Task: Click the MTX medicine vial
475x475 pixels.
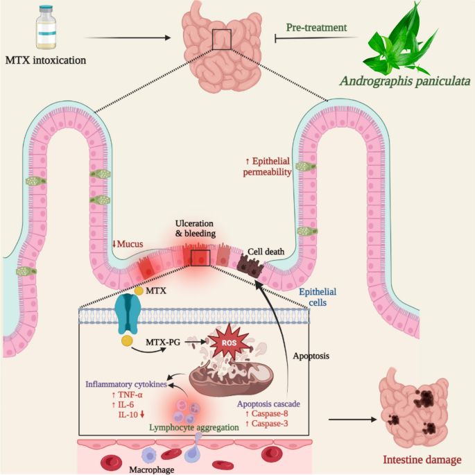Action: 46,27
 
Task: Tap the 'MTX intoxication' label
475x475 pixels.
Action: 46,60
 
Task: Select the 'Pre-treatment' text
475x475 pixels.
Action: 317,28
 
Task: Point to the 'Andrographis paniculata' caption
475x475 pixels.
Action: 405,81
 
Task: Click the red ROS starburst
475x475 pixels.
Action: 229,342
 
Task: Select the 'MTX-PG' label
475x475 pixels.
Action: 163,343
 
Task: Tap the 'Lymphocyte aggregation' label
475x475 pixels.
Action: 194,427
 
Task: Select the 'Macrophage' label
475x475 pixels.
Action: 152,469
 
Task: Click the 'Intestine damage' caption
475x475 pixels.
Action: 422,460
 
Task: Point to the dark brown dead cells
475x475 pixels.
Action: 250,266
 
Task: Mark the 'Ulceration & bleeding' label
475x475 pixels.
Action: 196,228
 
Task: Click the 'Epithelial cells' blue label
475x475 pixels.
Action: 318,297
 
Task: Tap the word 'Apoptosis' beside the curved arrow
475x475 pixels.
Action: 311,356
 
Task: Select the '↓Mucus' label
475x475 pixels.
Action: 128,244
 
